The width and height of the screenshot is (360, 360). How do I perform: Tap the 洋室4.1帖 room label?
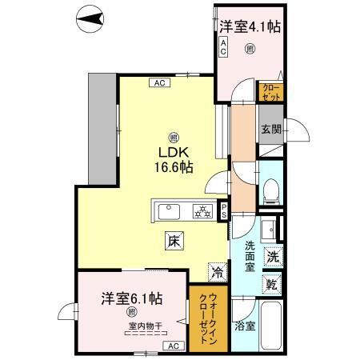coord(250,27)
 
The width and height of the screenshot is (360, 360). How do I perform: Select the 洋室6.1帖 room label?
coord(132,298)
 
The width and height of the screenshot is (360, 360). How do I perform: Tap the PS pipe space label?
coord(225,211)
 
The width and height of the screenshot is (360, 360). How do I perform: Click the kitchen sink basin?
coord(169,212)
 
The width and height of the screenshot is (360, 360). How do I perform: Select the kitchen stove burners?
coord(202,212)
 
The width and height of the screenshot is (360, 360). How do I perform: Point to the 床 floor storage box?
coord(174,238)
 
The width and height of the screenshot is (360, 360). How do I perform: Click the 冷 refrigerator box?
coord(217,271)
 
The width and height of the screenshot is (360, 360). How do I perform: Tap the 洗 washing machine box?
coord(272,258)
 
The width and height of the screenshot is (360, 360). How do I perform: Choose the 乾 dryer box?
coord(272,284)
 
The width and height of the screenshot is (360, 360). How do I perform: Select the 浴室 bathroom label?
coord(245,326)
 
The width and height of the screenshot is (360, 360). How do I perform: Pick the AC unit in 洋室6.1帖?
coord(172,345)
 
